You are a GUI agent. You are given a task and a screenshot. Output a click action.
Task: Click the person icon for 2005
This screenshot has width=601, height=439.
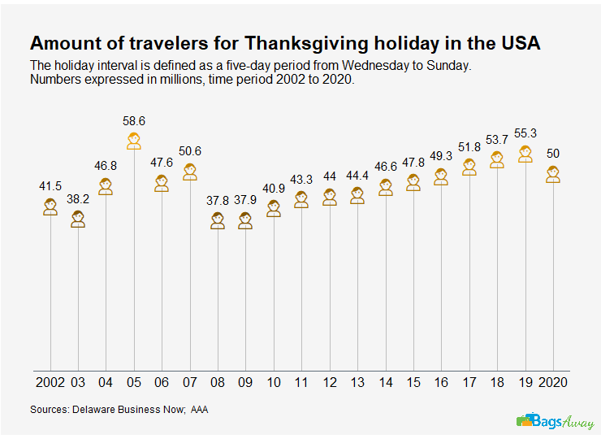pos(133,141)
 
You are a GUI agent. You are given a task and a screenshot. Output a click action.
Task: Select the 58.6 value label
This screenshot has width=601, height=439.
pos(133,121)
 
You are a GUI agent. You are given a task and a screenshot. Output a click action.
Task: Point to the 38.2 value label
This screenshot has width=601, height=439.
pos(78,198)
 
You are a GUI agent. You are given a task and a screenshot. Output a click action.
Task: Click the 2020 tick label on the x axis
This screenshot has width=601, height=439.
pos(554,381)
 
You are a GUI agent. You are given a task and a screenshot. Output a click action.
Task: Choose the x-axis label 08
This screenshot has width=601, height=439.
pos(217,381)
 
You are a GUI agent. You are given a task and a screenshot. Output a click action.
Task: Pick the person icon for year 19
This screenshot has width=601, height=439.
pos(525,154)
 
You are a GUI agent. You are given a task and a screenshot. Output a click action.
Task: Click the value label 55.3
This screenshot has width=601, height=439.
pos(525,133)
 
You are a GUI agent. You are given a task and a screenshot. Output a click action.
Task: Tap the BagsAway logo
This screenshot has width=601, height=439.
pos(555,421)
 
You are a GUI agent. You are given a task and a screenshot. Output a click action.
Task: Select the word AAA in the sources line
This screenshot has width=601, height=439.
pos(199,410)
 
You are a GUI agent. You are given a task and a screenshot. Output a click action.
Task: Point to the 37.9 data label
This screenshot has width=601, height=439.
pos(244,199)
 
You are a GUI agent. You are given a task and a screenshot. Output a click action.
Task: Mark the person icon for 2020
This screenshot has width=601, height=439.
pos(554,174)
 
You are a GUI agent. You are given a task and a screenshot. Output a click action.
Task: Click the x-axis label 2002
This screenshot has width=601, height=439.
pos(50,381)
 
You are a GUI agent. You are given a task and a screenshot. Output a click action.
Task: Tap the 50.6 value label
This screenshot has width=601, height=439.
pos(189,151)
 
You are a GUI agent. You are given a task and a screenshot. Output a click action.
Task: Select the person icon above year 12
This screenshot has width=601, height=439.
pos(329,197)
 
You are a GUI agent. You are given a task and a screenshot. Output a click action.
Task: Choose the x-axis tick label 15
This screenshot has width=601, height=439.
pos(413,381)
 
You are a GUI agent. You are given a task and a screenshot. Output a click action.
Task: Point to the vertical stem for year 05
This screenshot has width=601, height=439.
pos(133,260)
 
